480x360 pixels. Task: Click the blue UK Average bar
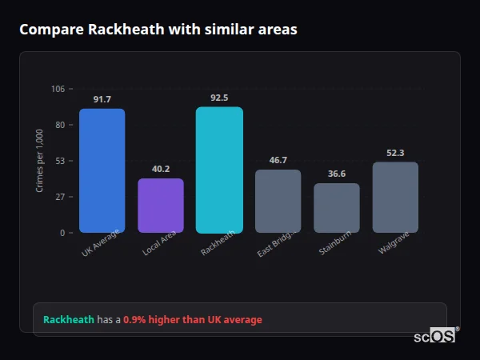click(102, 170)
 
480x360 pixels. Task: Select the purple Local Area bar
click(161, 206)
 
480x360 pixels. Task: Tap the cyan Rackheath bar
click(219, 170)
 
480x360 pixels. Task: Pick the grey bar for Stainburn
click(337, 208)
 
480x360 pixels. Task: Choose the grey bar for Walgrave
click(395, 198)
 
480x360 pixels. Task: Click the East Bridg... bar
click(278, 201)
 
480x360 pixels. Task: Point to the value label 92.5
click(219, 98)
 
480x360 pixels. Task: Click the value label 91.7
click(102, 99)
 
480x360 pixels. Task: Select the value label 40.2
click(161, 169)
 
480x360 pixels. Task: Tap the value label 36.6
click(337, 174)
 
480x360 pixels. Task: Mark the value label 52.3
click(395, 153)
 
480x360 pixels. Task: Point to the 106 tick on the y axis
click(58, 89)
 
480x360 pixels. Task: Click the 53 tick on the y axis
click(59, 161)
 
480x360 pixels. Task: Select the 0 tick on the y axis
click(62, 233)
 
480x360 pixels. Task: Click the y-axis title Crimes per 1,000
click(40, 161)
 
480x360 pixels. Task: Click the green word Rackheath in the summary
click(69, 320)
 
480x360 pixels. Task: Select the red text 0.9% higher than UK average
click(192, 320)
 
